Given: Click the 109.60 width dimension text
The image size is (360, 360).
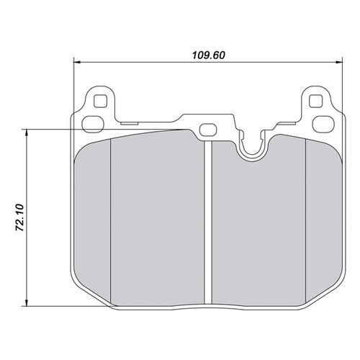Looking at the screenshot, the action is click(x=209, y=55).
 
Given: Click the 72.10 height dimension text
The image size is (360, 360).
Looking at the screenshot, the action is click(x=19, y=217).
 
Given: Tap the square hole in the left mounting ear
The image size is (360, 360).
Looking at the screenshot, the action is click(x=100, y=101).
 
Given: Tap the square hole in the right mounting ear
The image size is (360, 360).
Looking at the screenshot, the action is click(x=315, y=101).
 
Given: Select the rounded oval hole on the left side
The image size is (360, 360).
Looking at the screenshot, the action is click(x=93, y=124).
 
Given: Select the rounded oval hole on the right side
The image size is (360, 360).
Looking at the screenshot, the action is click(x=323, y=124).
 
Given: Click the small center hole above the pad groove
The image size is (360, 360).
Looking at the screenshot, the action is click(x=208, y=130).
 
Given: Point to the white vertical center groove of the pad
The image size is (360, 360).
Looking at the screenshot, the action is click(x=208, y=222).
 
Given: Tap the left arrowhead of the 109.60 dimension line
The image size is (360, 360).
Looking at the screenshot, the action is click(x=76, y=63).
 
